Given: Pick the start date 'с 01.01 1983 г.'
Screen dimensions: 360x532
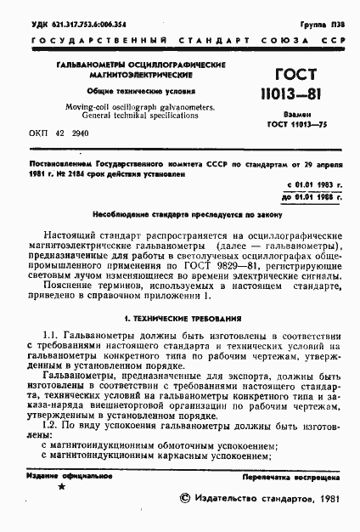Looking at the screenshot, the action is tap(312, 184).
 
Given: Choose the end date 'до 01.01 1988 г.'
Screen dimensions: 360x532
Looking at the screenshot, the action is tap(311, 198).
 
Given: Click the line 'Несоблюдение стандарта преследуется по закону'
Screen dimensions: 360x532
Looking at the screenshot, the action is tap(179, 216).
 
